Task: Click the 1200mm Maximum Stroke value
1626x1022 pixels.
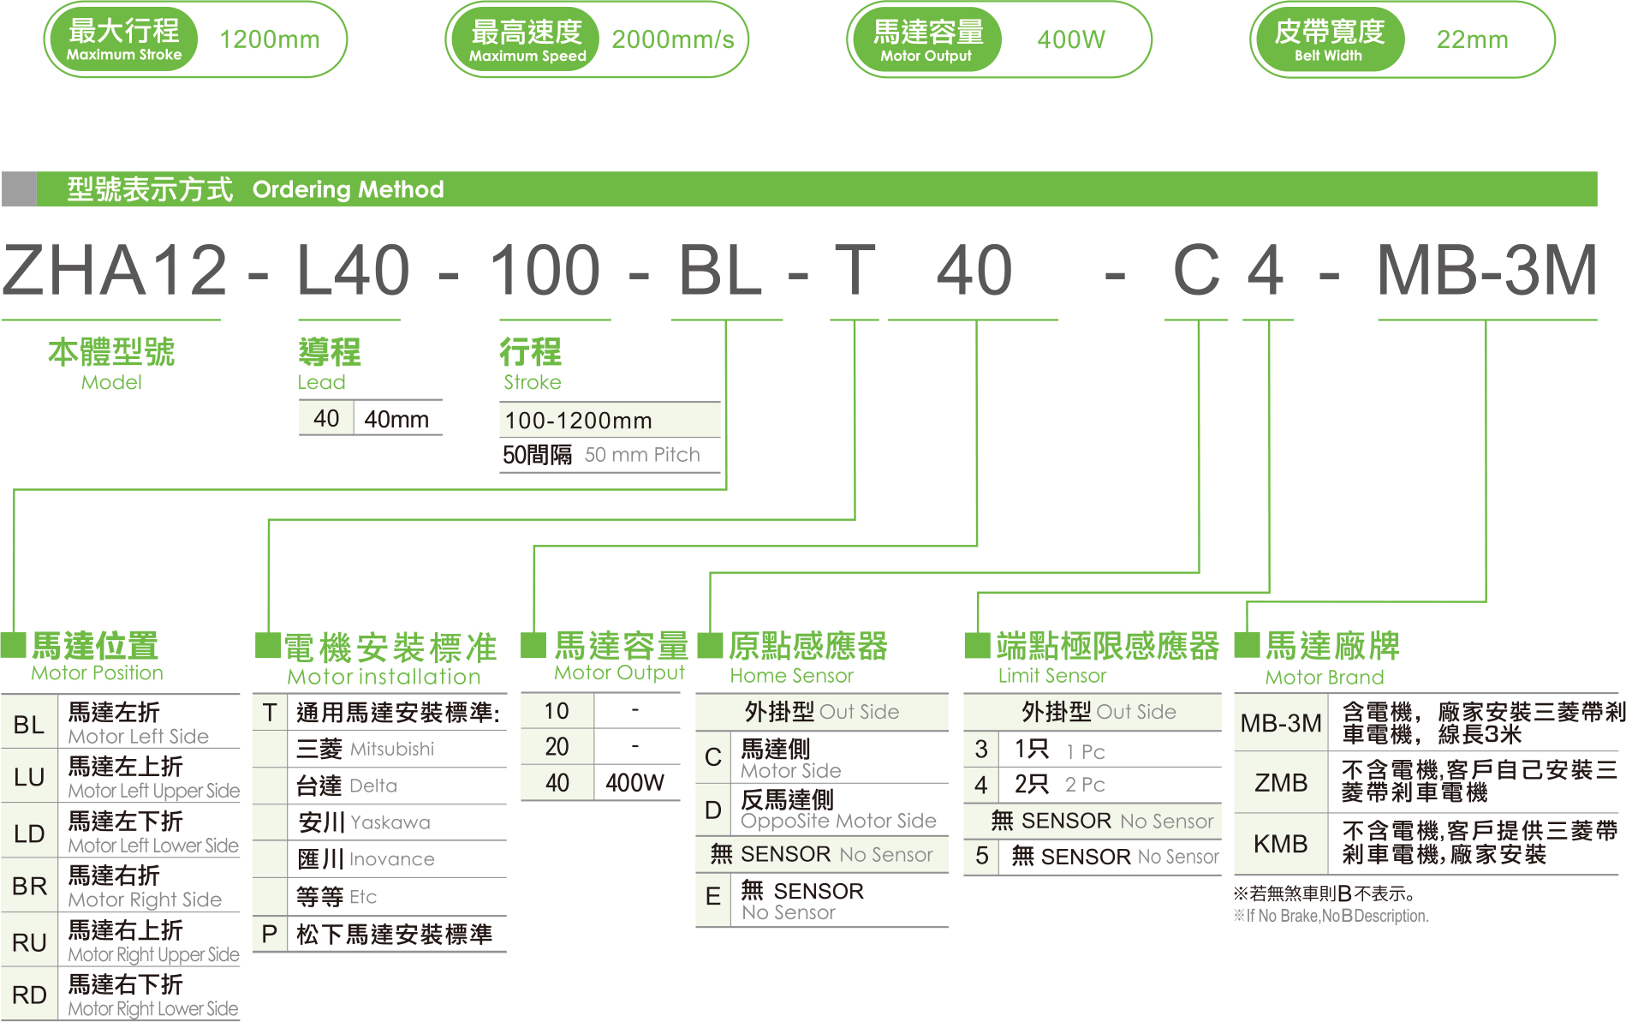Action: pyautogui.click(x=269, y=39)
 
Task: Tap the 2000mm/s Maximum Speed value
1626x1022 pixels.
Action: pyautogui.click(x=672, y=39)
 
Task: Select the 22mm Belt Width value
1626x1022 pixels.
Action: pyautogui.click(x=1471, y=39)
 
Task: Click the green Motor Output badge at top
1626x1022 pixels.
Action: pyautogui.click(x=926, y=39)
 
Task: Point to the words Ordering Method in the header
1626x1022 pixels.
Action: pyautogui.click(x=348, y=189)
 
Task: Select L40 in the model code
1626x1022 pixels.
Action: pyautogui.click(x=353, y=271)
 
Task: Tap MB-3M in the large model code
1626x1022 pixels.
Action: pyautogui.click(x=1486, y=271)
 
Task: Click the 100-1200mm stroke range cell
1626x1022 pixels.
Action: pyautogui.click(x=578, y=421)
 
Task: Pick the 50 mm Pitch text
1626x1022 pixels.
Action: pyautogui.click(x=641, y=455)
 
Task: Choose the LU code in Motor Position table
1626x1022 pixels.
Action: pyautogui.click(x=29, y=777)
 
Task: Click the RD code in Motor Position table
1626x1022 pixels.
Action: pyautogui.click(x=29, y=995)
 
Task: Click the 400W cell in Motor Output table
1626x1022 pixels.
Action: pyautogui.click(x=634, y=782)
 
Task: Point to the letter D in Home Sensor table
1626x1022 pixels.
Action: pyautogui.click(x=712, y=810)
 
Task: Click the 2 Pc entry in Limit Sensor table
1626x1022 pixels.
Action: pyautogui.click(x=1085, y=785)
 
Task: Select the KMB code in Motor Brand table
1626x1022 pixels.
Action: pyautogui.click(x=1280, y=844)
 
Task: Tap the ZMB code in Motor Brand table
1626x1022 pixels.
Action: pyautogui.click(x=1280, y=782)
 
